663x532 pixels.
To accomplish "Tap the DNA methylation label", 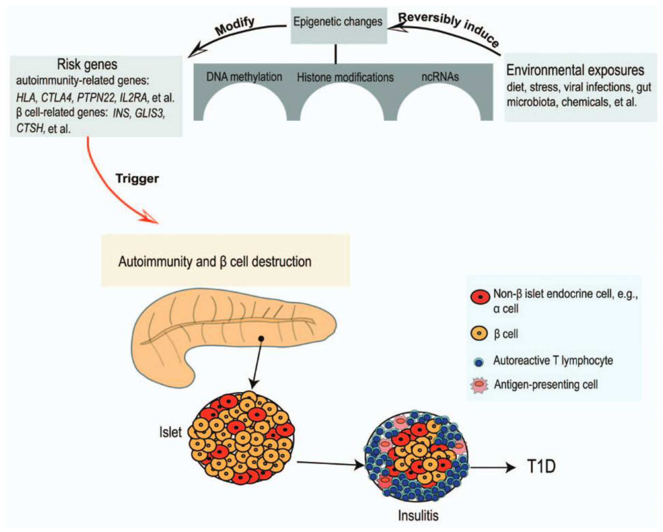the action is pos(244,77).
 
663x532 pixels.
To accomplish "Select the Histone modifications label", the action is pos(345,77).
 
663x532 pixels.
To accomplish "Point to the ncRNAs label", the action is pos(440,77).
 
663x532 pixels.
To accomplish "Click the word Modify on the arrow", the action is pos(235,26).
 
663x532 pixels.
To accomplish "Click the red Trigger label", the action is pos(137,179).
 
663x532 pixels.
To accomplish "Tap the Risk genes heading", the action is pos(87,64).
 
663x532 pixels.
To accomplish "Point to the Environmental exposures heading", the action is pos(575,70).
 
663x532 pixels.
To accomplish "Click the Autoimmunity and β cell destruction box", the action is pos(226,261).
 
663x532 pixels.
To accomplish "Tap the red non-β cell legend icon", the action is pos(480,297).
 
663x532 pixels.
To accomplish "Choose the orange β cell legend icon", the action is pos(479,333).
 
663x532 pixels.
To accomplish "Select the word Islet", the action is pos(170,432).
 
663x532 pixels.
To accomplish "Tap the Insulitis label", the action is pos(418,515).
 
